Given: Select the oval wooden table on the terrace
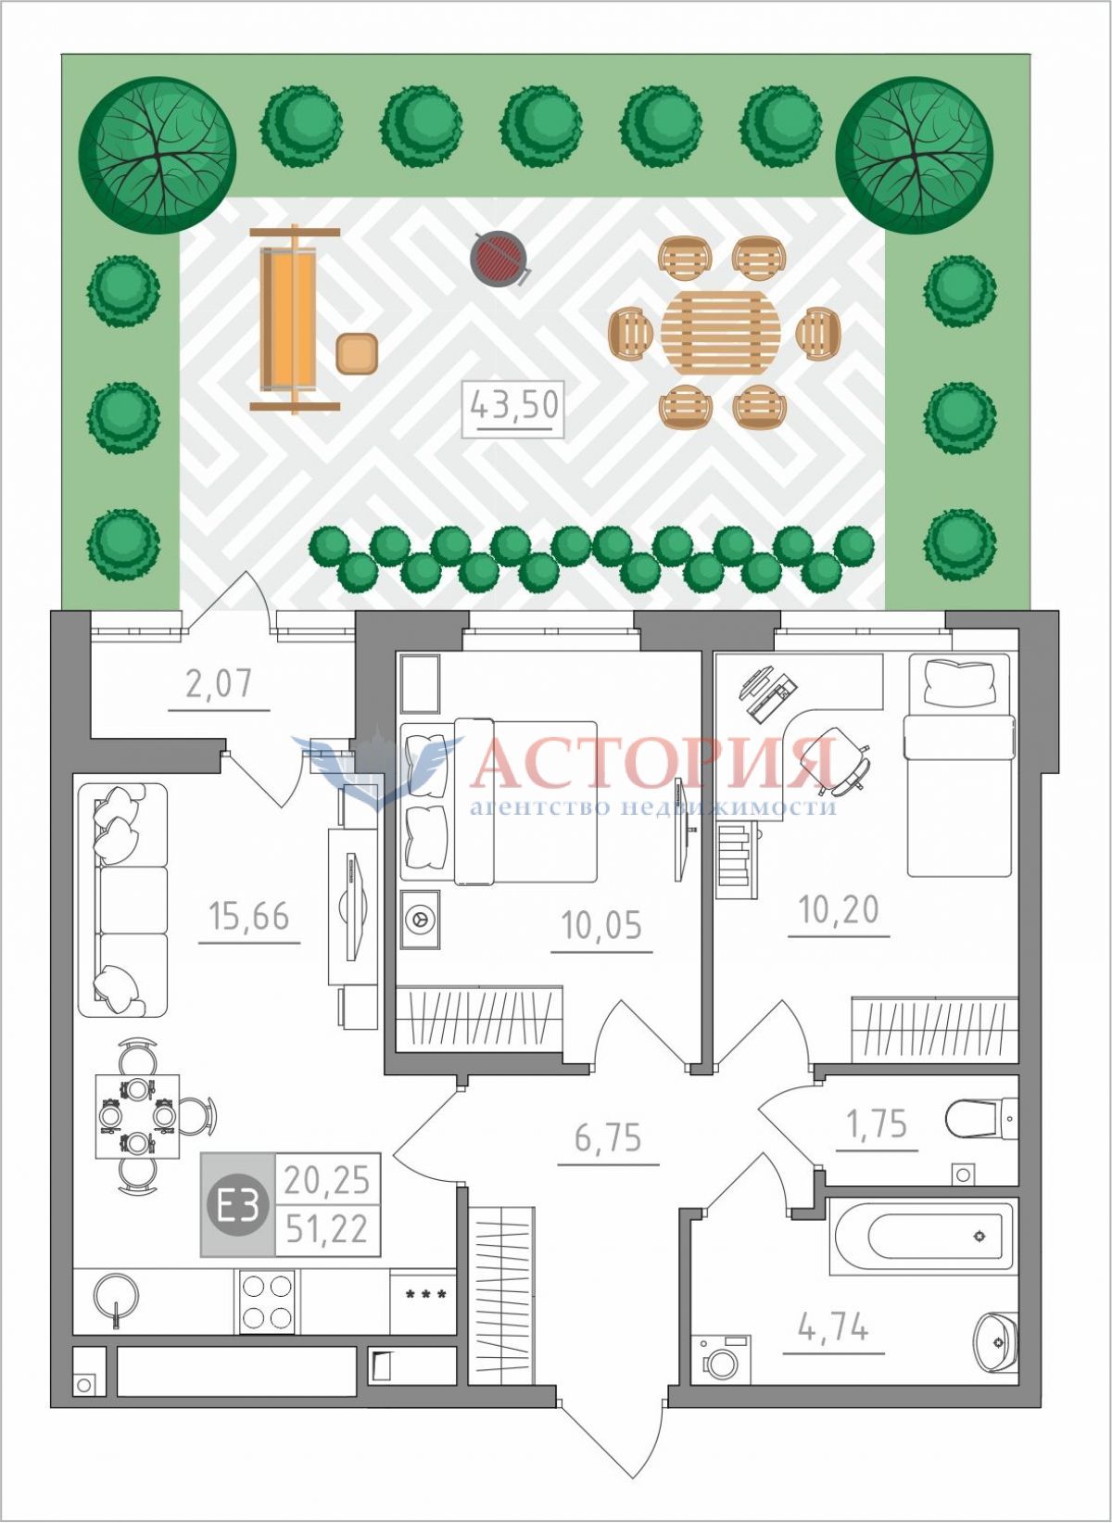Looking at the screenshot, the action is (x=721, y=333).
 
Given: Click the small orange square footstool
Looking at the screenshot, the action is (x=357, y=353).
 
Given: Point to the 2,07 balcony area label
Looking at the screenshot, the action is (x=219, y=683).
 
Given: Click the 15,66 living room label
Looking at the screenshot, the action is (x=249, y=916).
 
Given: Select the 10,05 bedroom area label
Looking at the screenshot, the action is (x=601, y=925).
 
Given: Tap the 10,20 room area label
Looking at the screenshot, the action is (x=839, y=909).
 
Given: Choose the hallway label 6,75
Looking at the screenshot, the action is (x=608, y=1137).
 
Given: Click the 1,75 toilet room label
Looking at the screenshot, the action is (x=877, y=1123).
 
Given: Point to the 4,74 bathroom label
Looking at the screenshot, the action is (x=835, y=1308).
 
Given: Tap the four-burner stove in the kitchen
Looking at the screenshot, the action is (x=265, y=1301).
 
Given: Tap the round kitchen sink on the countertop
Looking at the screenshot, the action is (x=114, y=1297).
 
